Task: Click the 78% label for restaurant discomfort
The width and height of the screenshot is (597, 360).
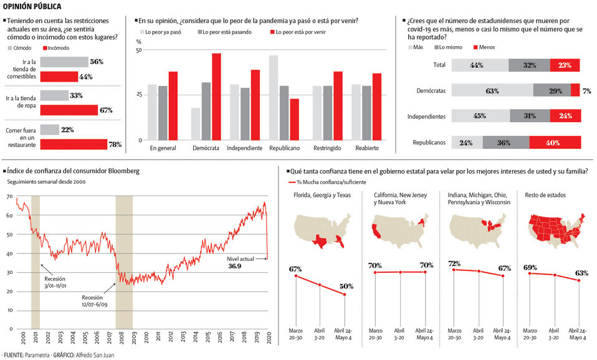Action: pos(115,144)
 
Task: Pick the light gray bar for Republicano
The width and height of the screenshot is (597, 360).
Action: pos(273,98)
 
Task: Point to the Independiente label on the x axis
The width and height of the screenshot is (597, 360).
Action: pos(244,148)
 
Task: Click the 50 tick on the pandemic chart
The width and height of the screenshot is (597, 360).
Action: pos(139,50)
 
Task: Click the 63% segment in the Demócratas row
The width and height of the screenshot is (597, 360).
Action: pos(492,90)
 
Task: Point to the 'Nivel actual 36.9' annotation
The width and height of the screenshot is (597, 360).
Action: pos(235,262)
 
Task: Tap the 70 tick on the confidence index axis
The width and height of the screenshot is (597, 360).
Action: pos(9,197)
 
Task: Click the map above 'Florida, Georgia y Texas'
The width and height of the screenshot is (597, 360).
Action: pos(320,230)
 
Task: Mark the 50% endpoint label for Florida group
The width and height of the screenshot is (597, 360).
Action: pos(346,287)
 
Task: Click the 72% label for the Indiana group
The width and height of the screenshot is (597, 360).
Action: pos(454,263)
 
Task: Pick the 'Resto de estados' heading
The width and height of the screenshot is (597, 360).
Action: pos(546,195)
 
